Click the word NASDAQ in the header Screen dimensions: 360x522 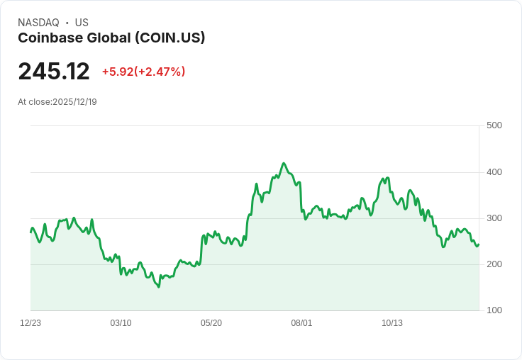tap(38, 23)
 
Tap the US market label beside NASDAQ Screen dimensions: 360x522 tap(82, 23)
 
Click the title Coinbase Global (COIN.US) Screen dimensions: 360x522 tap(111, 38)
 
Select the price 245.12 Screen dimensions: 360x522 tap(54, 72)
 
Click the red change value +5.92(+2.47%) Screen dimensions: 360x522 tap(143, 72)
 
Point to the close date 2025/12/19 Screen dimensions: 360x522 tap(74, 102)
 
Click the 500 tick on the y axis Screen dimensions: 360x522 tap(494, 125)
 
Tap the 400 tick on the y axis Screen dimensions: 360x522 tap(494, 172)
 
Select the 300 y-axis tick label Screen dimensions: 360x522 tap(494, 218)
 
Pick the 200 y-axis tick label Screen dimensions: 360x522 tap(494, 264)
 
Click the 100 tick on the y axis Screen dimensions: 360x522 tap(494, 310)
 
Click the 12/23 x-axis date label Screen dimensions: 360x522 tap(30, 323)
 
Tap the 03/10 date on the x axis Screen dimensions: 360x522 tap(121, 323)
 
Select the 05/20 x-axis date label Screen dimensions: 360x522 tap(211, 323)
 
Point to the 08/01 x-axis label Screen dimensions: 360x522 tap(301, 323)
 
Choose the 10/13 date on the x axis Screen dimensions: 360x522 tap(392, 323)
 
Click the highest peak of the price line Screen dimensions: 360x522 tap(284, 163)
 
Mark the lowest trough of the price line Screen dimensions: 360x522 tap(159, 287)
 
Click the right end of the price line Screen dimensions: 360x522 tap(479, 244)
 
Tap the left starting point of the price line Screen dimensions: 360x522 tap(30, 232)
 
